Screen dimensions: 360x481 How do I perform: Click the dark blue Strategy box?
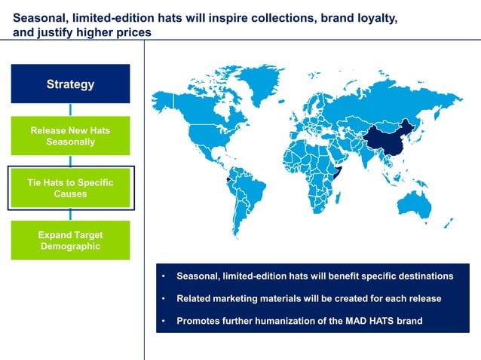click(70, 84)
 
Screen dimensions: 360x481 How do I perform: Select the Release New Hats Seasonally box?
click(70, 136)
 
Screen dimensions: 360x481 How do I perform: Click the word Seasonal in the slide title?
click(40, 18)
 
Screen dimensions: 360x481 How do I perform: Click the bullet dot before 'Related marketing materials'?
click(164, 298)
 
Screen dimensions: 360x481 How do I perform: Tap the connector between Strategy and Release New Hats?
click(70, 109)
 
